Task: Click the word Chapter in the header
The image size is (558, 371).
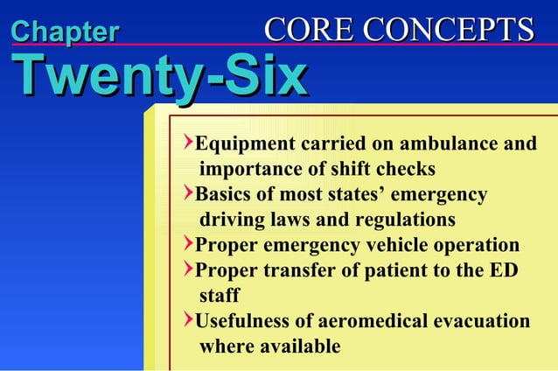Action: (x=65, y=32)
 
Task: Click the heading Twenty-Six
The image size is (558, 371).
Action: (x=158, y=77)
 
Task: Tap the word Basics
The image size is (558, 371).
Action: (x=223, y=194)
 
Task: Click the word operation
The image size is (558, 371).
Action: (x=478, y=245)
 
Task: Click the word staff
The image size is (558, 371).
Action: (x=219, y=296)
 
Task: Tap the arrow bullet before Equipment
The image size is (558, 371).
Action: (x=188, y=142)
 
